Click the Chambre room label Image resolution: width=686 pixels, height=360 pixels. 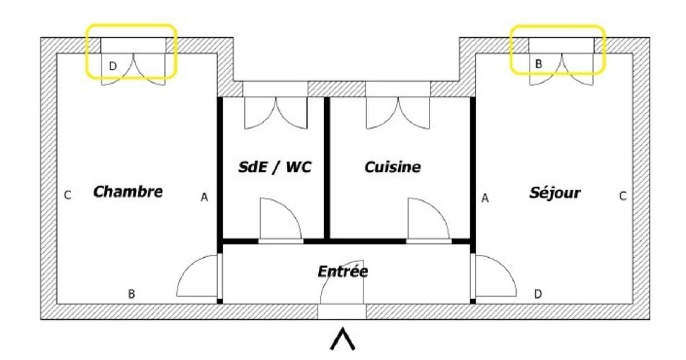tap(128, 192)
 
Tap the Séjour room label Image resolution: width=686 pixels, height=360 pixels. tap(555, 193)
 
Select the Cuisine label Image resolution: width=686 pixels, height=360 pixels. tap(392, 167)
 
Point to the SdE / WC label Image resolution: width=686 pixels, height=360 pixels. tap(275, 167)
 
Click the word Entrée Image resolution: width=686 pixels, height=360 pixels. tap(343, 271)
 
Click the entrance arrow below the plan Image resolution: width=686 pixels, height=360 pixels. tap(343, 339)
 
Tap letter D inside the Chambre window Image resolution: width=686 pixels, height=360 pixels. tap(113, 66)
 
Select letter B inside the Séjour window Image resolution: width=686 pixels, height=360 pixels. tap(538, 64)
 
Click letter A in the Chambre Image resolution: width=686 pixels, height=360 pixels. tap(204, 197)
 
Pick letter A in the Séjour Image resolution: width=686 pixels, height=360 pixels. tap(485, 198)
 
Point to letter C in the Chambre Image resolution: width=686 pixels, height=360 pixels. tap(68, 195)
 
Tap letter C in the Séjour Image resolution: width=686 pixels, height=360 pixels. tap(622, 196)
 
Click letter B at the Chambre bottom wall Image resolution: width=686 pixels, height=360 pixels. tap(131, 294)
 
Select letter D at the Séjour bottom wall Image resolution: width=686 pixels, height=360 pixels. tap(538, 294)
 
